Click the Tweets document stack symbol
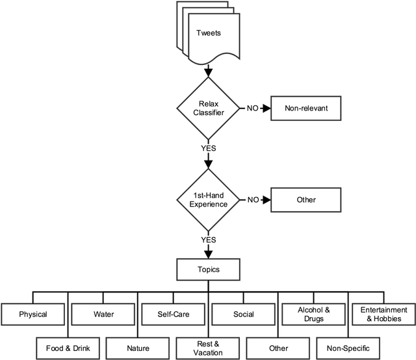207,32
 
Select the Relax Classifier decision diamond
207,109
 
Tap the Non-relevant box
305,109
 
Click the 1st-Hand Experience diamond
207,199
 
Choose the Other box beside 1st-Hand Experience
305,199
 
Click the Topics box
207,269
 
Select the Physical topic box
33,315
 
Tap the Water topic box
103,315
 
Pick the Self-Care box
172,315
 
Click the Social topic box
242,315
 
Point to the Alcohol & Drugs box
313,315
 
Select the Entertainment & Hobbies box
382,315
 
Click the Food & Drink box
68,348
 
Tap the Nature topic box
138,348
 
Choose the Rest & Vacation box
207,348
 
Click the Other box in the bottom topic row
278,348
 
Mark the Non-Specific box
347,348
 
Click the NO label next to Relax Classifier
252,109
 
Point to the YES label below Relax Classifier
208,148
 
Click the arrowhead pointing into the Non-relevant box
266,109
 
